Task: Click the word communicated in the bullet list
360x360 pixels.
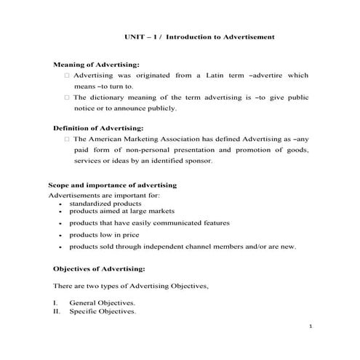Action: [x=185, y=223]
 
